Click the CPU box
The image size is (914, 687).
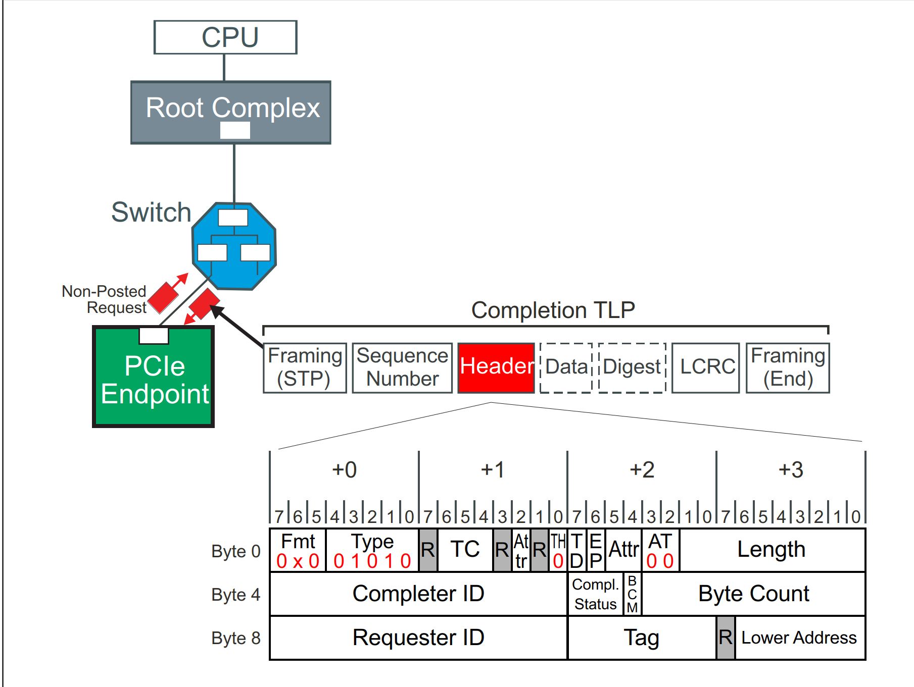coord(225,37)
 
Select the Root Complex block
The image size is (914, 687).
coord(231,112)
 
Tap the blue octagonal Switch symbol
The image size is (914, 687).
coord(234,246)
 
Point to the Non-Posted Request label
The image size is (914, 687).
coord(104,299)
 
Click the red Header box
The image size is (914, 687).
coord(496,367)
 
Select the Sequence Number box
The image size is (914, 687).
coord(402,367)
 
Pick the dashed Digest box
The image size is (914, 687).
coord(632,367)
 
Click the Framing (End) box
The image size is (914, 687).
coord(788,367)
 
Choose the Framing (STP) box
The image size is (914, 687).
coord(305,367)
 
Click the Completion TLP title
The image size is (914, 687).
coord(553,310)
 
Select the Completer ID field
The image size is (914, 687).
coord(418,594)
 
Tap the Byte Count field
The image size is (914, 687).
coord(753,594)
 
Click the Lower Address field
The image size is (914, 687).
coord(799,638)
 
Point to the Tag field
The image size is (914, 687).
coord(642,638)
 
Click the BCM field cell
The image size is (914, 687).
coord(632,594)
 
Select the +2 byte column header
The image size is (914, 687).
coord(642,470)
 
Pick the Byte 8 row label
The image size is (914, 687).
coord(235,638)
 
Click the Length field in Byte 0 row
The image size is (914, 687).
coord(771,550)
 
